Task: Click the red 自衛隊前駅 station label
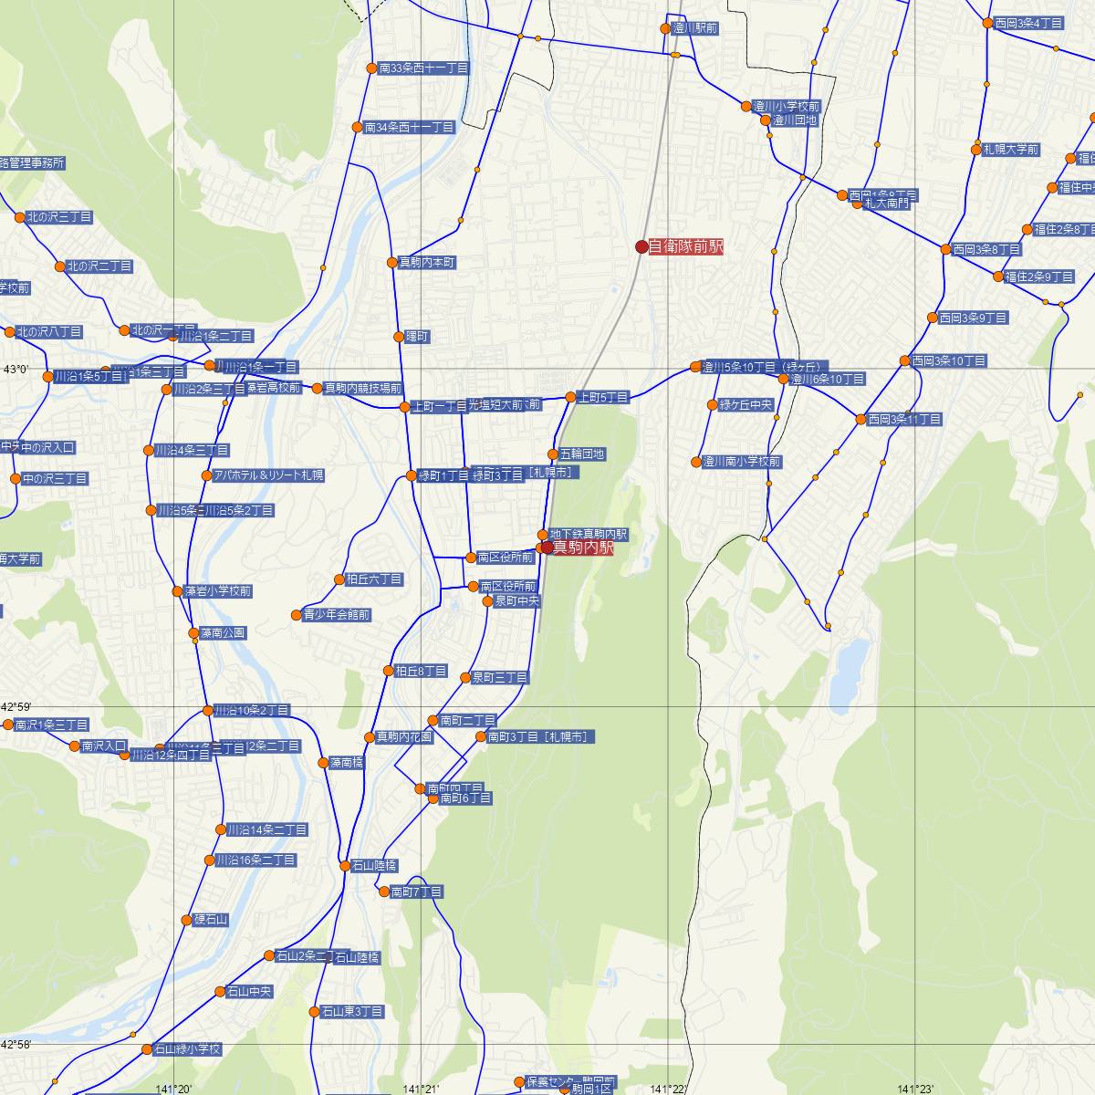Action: point(685,246)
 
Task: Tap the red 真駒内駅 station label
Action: point(583,547)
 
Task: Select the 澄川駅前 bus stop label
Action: point(694,28)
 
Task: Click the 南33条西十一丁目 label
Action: point(422,68)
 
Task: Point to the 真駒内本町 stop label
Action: point(427,262)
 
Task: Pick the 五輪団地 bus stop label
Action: point(582,454)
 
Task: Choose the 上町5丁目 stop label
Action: point(603,397)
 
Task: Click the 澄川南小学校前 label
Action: point(741,462)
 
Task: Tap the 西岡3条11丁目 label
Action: point(904,420)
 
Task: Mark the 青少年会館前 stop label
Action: point(337,615)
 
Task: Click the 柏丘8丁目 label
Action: point(421,671)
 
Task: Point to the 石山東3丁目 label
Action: point(352,1011)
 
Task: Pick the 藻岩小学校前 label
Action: point(218,590)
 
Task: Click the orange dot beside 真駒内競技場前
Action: point(318,389)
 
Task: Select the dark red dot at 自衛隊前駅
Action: point(641,246)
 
